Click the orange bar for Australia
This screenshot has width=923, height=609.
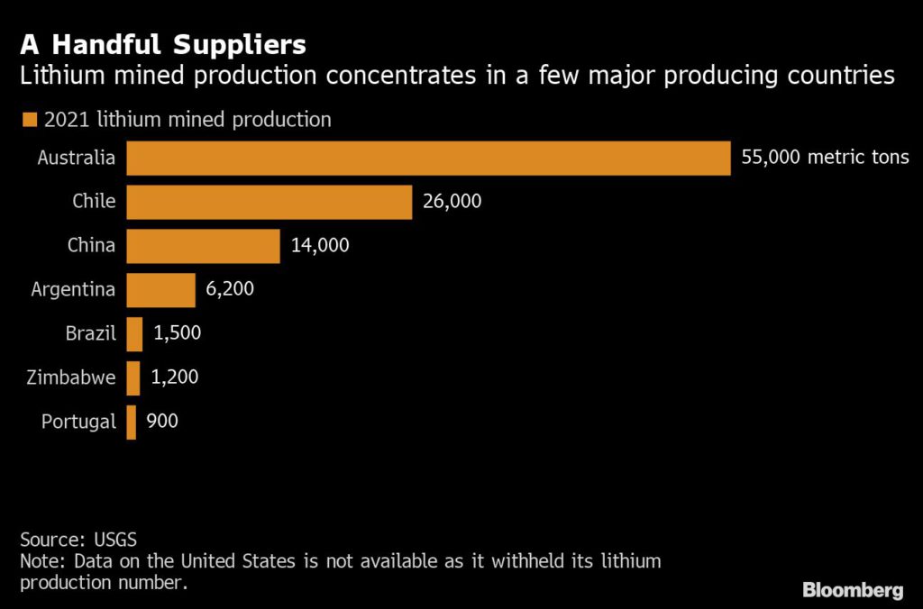click(428, 158)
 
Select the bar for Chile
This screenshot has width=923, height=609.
click(269, 202)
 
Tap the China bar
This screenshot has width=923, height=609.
click(203, 246)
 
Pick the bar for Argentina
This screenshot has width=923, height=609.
click(160, 290)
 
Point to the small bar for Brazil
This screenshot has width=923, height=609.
click(134, 334)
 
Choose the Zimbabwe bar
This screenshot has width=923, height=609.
click(133, 378)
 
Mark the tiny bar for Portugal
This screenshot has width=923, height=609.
click(132, 423)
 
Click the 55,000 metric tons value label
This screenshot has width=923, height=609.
click(825, 158)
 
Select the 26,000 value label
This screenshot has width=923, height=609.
click(452, 202)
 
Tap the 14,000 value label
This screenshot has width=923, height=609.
click(320, 246)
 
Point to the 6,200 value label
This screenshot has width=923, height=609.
click(231, 290)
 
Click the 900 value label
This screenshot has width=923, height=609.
click(162, 422)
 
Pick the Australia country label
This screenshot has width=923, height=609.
click(77, 158)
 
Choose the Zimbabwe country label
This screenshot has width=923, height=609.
click(71, 378)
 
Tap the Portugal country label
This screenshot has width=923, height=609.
click(78, 423)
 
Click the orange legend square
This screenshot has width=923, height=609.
click(29, 120)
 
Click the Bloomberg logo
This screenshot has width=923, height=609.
click(853, 590)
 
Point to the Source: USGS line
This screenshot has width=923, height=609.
click(78, 541)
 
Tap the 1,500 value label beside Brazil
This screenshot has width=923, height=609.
click(177, 334)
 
